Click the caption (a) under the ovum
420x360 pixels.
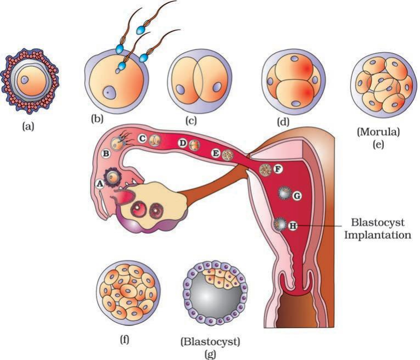(27, 126)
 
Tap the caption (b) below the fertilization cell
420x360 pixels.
(97, 117)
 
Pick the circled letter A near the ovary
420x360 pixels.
(100, 184)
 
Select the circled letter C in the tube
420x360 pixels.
(141, 139)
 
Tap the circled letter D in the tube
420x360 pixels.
(183, 144)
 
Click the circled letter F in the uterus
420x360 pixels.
(277, 169)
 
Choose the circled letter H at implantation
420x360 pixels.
(293, 225)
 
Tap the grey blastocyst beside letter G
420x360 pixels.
(284, 194)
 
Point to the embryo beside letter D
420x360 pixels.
(194, 145)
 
